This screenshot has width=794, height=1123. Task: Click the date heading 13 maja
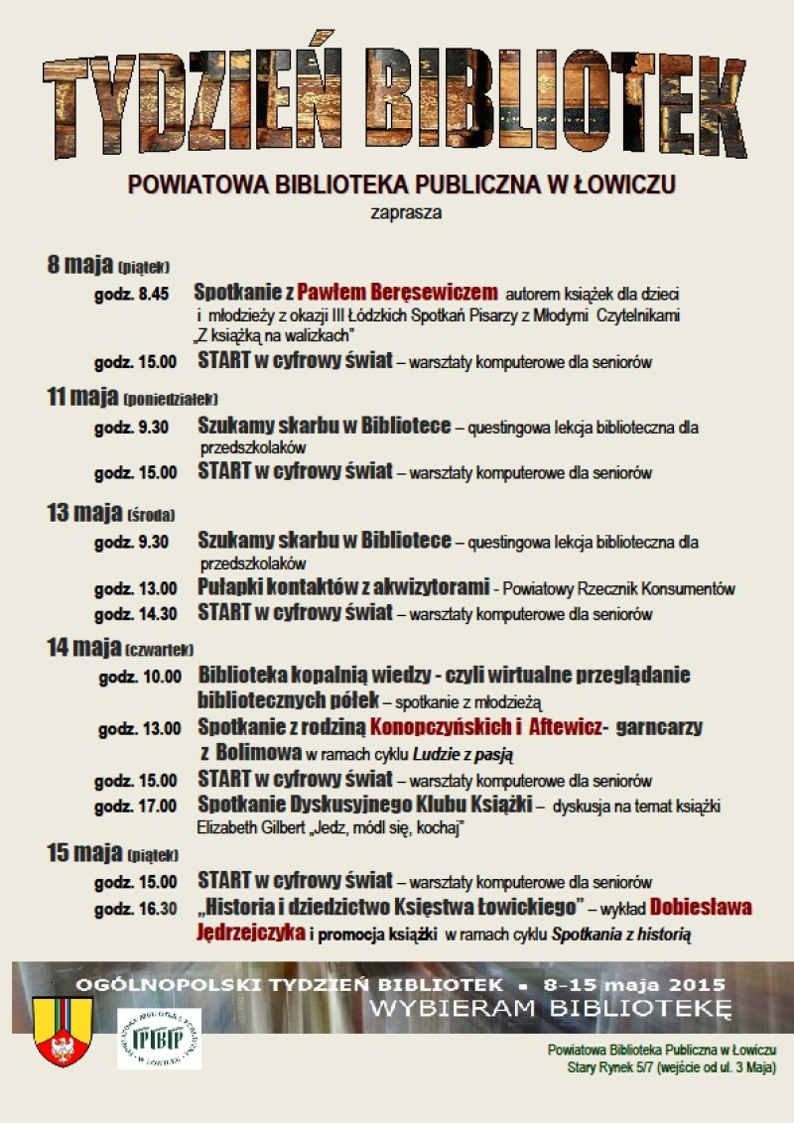[84, 513]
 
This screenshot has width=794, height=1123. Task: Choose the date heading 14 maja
[83, 648]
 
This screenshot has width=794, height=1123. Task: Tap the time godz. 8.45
[132, 295]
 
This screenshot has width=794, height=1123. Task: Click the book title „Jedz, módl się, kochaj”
[379, 826]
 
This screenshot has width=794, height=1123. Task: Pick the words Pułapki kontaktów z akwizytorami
[343, 587]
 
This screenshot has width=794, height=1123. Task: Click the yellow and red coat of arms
[63, 1031]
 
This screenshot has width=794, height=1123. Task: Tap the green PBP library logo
[159, 1039]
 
